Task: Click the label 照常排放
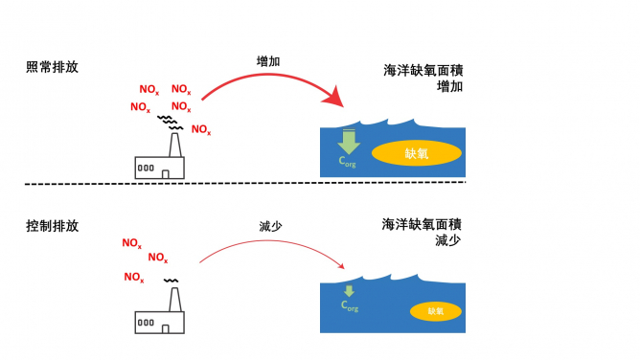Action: (x=52, y=68)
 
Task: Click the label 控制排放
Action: (x=52, y=226)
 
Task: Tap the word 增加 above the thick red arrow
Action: (x=269, y=60)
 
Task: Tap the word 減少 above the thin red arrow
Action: (x=271, y=226)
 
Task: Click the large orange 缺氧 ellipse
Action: (x=416, y=152)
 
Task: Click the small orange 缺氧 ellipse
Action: (x=435, y=311)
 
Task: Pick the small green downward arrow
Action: (x=349, y=291)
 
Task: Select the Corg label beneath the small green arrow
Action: (x=350, y=306)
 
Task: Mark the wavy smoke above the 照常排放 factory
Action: (x=171, y=122)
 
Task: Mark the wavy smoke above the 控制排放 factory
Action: (x=171, y=281)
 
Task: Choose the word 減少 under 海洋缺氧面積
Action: (x=447, y=240)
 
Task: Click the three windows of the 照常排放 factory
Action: (x=146, y=168)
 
